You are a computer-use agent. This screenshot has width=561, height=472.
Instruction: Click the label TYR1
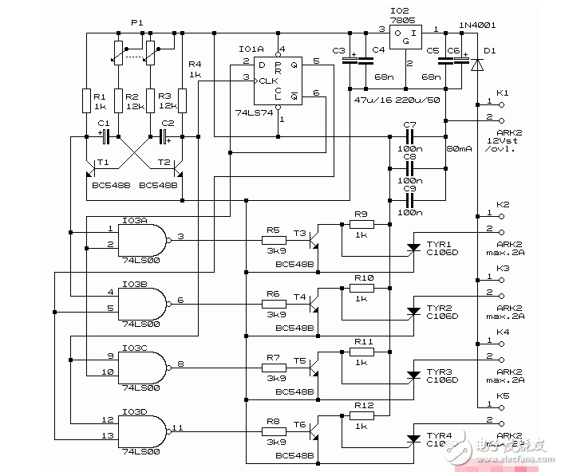click(439, 243)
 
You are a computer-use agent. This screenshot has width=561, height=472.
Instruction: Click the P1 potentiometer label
click(136, 23)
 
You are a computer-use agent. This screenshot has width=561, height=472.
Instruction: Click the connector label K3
click(503, 269)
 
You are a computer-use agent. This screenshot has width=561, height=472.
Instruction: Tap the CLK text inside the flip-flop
click(268, 81)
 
